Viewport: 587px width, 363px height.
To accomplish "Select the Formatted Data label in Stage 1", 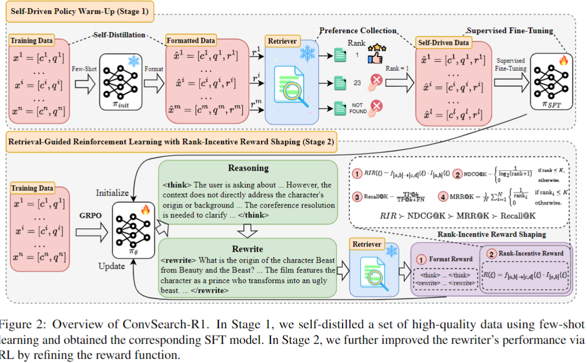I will pyautogui.click(x=191, y=41).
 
